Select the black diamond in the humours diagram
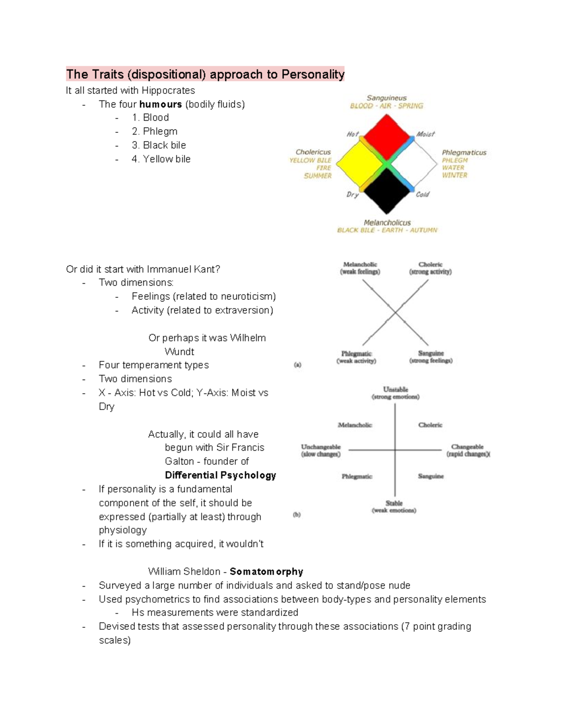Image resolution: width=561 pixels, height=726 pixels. [x=386, y=191]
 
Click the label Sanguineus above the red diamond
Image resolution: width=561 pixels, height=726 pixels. [x=386, y=98]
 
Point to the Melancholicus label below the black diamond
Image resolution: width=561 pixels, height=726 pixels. [x=387, y=223]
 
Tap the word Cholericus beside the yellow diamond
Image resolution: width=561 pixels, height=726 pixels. [x=313, y=152]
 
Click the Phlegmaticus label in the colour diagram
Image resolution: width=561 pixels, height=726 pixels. [x=464, y=152]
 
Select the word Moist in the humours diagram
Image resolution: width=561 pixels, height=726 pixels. [x=425, y=134]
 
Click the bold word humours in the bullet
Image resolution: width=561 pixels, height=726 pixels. [x=160, y=104]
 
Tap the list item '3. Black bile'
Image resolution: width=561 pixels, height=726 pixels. [x=159, y=145]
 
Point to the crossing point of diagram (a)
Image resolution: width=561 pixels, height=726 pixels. [x=395, y=312]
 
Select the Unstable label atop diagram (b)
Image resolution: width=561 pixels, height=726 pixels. [x=396, y=389]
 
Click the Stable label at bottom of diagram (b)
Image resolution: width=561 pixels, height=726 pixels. [x=394, y=503]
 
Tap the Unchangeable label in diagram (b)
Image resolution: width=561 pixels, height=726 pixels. [x=321, y=447]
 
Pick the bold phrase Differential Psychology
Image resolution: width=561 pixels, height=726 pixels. [x=220, y=475]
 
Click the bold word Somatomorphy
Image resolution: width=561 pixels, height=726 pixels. [x=266, y=572]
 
